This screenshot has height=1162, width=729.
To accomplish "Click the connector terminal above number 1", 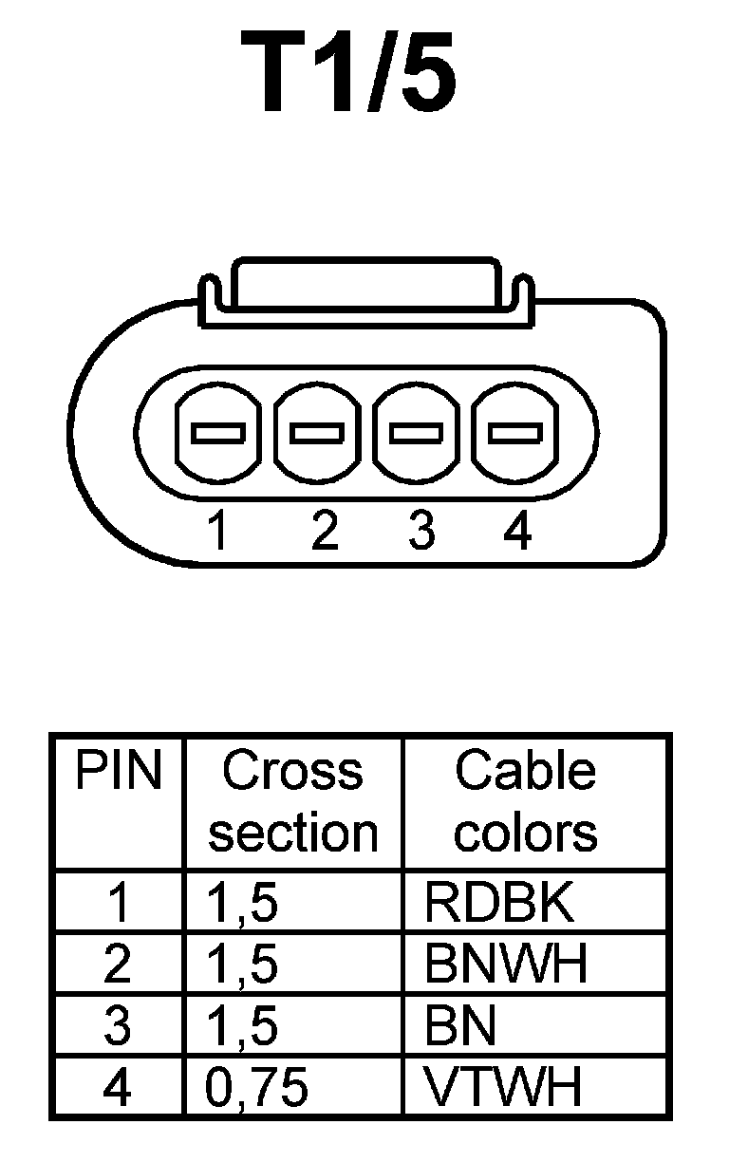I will pyautogui.click(x=218, y=434).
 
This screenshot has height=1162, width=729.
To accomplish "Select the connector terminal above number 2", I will pyautogui.click(x=317, y=434).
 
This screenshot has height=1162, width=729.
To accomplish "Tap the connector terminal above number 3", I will pyautogui.click(x=416, y=434).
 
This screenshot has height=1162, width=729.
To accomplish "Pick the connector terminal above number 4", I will pyautogui.click(x=515, y=434).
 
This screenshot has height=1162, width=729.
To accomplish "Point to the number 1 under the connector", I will pyautogui.click(x=218, y=532).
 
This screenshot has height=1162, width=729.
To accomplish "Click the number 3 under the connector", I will pyautogui.click(x=421, y=532).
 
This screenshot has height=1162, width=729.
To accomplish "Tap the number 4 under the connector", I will pyautogui.click(x=518, y=532).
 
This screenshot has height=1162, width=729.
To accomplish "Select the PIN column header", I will pyautogui.click(x=118, y=772).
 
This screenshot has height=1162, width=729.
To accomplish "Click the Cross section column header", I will pyautogui.click(x=293, y=802).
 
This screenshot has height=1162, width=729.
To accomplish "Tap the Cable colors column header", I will pyautogui.click(x=525, y=802).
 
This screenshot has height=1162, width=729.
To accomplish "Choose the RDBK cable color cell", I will pyautogui.click(x=499, y=904).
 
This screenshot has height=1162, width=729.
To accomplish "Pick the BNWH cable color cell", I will pyautogui.click(x=506, y=965).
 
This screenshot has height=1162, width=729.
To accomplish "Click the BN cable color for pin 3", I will pyautogui.click(x=460, y=1026).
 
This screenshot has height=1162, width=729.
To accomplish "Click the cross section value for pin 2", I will pyautogui.click(x=242, y=965).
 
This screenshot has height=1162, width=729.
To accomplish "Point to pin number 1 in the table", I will pyautogui.click(x=118, y=904).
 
